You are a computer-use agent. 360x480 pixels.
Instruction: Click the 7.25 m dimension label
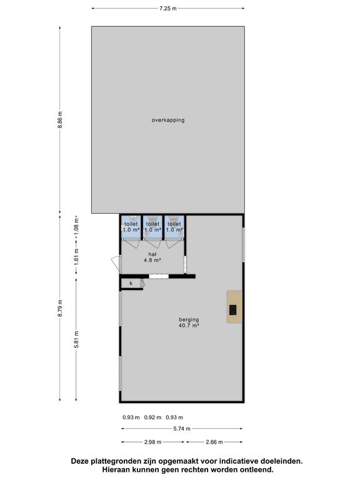click(x=168, y=9)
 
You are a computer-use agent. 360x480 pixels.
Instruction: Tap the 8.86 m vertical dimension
click(x=60, y=119)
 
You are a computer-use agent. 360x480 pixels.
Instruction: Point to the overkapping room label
click(x=168, y=120)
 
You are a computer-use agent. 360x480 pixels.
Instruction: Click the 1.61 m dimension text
click(x=76, y=256)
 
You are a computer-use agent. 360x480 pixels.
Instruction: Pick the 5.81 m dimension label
click(x=76, y=339)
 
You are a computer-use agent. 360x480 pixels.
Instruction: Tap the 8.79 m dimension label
click(x=60, y=308)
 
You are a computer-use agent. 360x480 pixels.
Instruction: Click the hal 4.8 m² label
click(x=152, y=257)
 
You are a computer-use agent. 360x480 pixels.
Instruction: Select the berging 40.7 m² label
click(x=189, y=322)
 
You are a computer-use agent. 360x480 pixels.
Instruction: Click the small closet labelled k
click(x=131, y=284)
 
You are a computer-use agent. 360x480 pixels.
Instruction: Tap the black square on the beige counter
click(x=233, y=310)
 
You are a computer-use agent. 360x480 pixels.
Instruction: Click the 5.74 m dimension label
click(x=182, y=429)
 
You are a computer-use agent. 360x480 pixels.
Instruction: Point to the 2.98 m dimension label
click(x=152, y=442)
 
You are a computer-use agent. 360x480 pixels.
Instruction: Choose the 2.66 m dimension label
click(x=214, y=442)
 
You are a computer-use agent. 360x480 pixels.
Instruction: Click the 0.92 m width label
click(x=152, y=417)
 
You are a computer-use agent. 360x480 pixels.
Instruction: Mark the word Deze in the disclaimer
click(x=79, y=461)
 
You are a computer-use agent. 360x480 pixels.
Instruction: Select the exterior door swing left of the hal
click(x=116, y=263)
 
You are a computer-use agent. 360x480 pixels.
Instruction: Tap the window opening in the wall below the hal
click(x=159, y=276)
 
